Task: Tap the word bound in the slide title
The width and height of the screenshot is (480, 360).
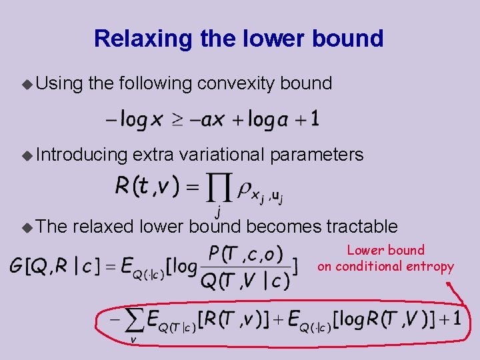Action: [x=355, y=39]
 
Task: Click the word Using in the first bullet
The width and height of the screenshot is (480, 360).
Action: [x=59, y=83]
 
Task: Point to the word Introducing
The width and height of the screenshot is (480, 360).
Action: [x=81, y=155]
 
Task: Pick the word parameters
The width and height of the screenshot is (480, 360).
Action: [x=317, y=155]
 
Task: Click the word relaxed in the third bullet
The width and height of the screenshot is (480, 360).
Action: [x=105, y=227]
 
